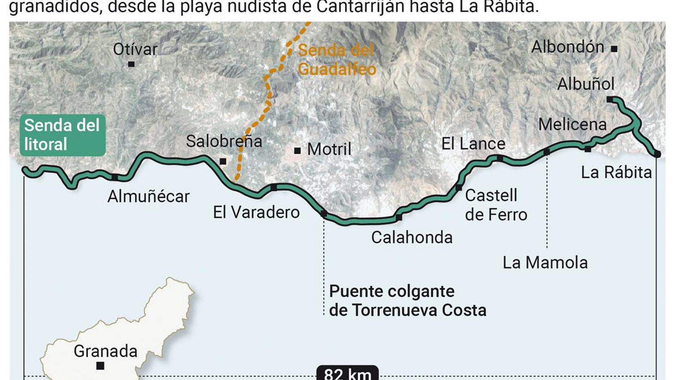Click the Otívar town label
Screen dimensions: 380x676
(x=135, y=49)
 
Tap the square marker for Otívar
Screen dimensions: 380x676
(x=131, y=64)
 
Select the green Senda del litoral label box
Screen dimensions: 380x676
(x=63, y=135)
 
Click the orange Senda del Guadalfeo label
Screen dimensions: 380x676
(x=337, y=60)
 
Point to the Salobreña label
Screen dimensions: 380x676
(x=224, y=141)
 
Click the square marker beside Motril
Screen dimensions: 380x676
(x=297, y=150)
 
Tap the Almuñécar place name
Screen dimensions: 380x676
(x=148, y=196)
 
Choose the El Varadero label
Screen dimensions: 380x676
(x=256, y=212)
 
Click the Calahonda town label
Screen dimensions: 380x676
(x=412, y=237)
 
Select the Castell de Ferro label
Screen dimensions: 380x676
(x=496, y=205)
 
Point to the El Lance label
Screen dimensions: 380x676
(x=473, y=144)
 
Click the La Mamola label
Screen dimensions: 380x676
(x=545, y=263)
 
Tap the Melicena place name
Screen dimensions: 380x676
(x=572, y=124)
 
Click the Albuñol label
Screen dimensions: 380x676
(x=586, y=84)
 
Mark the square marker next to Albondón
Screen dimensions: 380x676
(x=614, y=49)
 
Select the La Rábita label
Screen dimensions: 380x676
(x=616, y=172)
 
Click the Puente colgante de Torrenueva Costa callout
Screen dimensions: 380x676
(x=407, y=301)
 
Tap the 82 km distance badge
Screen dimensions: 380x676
(x=347, y=374)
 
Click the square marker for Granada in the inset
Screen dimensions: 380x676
(x=100, y=366)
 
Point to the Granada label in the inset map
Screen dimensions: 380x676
(x=106, y=351)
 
